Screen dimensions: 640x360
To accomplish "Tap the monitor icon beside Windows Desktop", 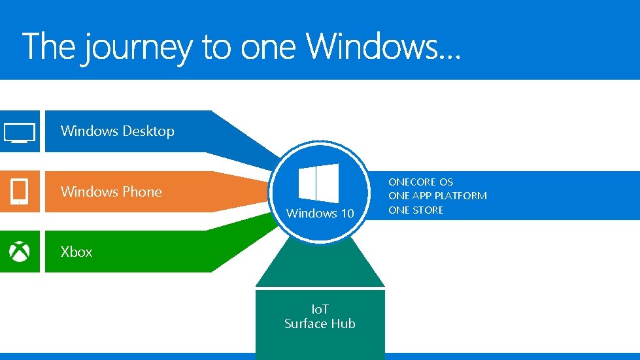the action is (x=20, y=132).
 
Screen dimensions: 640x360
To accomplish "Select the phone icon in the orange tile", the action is (x=20, y=191).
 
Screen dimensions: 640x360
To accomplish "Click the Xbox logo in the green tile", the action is (x=20, y=252).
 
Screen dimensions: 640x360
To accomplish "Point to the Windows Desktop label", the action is (x=117, y=131).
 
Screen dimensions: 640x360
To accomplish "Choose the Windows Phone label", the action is (x=111, y=191).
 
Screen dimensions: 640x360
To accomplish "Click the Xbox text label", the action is (x=76, y=252).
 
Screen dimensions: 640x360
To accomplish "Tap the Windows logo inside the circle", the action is (x=318, y=184).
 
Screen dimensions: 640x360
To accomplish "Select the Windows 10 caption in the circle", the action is (x=320, y=214).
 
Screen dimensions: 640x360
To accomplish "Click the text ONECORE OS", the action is (x=420, y=182).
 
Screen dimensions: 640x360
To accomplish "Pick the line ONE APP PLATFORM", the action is (x=437, y=195).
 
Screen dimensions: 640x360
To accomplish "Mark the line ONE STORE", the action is (x=416, y=210).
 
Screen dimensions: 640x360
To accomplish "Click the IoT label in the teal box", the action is (x=320, y=309).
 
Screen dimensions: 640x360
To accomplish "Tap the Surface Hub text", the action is (x=320, y=323).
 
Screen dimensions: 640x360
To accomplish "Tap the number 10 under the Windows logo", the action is (x=346, y=214).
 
